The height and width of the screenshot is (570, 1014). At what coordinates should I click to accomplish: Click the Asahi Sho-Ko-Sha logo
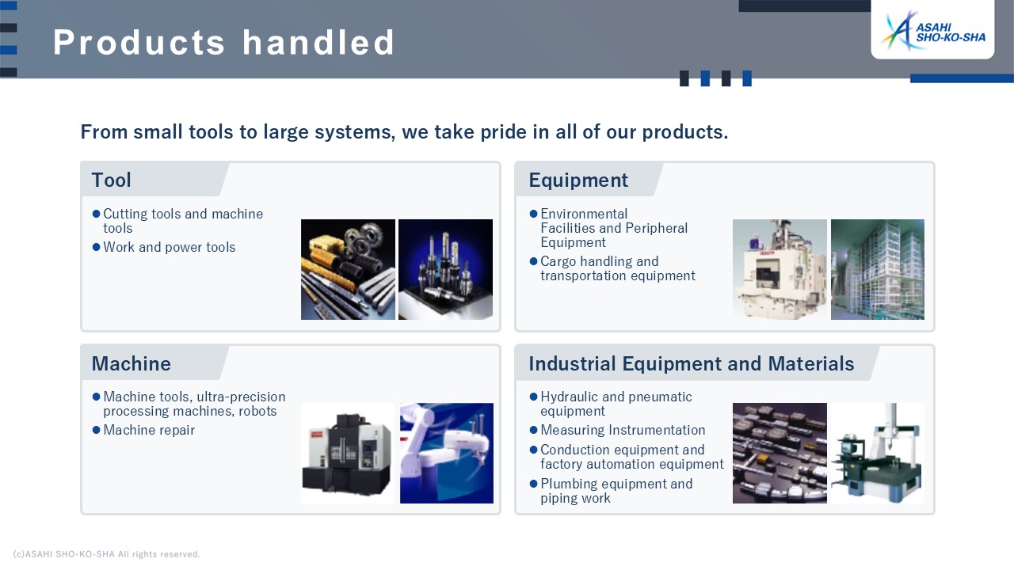point(932,31)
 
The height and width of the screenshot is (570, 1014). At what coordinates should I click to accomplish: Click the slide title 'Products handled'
point(223,43)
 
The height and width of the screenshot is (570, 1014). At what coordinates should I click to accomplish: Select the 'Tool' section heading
point(112,180)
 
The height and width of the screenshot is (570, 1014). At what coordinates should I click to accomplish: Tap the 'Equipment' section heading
point(578,180)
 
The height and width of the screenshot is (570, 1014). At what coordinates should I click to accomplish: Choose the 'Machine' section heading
point(132,363)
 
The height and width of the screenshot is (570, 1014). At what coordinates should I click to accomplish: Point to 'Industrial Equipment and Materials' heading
point(692,363)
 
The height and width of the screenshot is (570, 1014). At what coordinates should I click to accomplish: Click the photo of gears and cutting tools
point(348,270)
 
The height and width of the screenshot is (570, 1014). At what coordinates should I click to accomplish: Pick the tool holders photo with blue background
point(445,270)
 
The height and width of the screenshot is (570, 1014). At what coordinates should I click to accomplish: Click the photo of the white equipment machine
point(780,270)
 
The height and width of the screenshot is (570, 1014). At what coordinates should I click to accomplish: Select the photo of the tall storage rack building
point(878,270)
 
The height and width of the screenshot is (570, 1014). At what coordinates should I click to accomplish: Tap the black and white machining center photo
point(348,454)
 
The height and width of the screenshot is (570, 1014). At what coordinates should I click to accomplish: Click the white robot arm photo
point(447,454)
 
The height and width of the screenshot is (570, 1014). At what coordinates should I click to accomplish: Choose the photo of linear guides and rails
point(780,454)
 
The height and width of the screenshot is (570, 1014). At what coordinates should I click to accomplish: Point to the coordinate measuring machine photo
point(878,454)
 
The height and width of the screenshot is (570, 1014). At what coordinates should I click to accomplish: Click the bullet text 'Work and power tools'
point(170,248)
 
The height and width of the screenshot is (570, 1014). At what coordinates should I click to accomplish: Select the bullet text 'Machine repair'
point(149,430)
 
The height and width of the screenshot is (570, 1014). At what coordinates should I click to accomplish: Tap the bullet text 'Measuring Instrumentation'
point(623,430)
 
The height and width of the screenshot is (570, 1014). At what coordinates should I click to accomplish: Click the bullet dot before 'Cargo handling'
point(533,261)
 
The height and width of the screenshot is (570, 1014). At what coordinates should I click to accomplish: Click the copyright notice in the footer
point(106,554)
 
